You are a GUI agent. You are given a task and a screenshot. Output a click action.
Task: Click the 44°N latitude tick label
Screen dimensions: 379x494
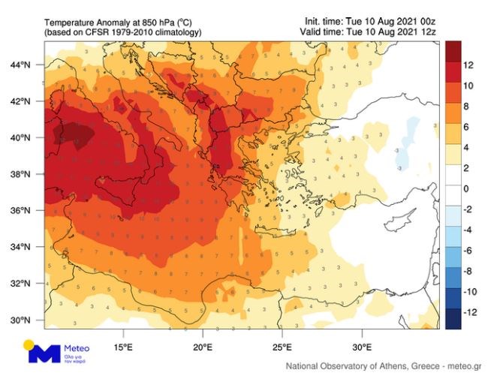(x=20, y=65)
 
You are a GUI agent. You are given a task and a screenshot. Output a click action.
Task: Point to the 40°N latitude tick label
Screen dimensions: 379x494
(x=20, y=137)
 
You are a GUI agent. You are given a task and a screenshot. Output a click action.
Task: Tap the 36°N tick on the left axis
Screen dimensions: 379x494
(x=20, y=210)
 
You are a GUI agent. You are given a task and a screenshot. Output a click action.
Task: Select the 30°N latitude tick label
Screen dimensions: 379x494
(x=20, y=320)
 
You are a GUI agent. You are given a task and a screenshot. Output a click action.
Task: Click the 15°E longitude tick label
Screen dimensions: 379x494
(x=123, y=347)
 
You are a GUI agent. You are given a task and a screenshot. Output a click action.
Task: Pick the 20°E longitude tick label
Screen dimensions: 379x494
(x=203, y=347)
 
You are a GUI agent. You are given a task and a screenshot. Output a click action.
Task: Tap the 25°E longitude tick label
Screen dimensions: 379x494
(x=282, y=347)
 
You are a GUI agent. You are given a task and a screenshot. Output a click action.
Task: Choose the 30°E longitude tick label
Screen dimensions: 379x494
(x=362, y=347)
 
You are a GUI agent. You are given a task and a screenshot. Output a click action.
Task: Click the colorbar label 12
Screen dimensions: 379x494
(x=469, y=65)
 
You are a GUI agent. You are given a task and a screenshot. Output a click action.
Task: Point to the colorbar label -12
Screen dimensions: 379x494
(x=471, y=311)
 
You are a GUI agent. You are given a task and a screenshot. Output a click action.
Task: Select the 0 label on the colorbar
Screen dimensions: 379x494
(x=466, y=188)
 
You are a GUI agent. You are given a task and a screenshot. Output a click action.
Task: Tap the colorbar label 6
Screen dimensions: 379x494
(x=466, y=127)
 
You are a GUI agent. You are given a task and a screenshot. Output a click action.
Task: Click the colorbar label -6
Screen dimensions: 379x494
(x=468, y=250)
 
